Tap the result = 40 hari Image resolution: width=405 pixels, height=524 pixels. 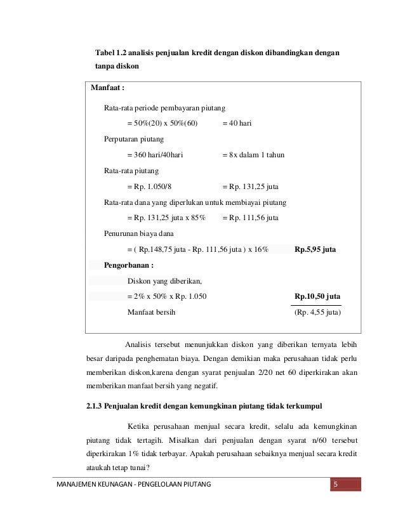[237, 123]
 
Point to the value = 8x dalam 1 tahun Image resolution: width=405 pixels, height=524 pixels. [254, 155]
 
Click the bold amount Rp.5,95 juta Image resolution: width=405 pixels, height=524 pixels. [315, 250]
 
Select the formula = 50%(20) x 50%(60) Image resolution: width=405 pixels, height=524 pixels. [163, 123]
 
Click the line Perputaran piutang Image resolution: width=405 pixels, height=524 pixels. [133, 139]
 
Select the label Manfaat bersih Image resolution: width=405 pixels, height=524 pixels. [152, 312]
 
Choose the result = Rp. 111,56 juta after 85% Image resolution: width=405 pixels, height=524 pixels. [250, 218]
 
